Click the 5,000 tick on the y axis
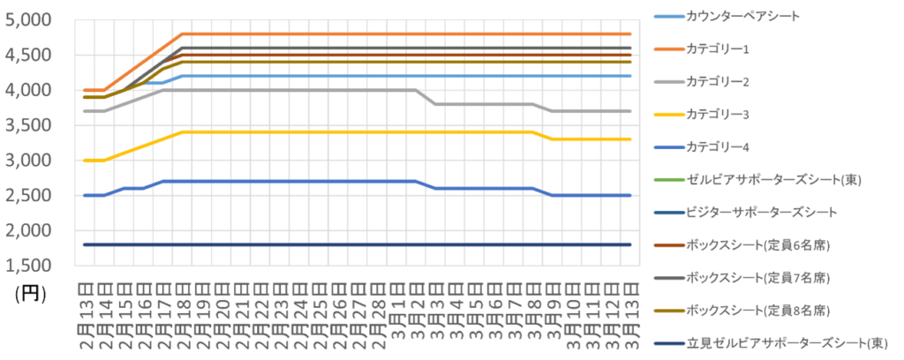pos(29,20)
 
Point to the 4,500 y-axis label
pos(29,56)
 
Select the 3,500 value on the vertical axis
pos(29,126)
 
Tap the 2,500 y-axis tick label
pos(29,196)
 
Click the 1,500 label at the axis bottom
pos(29,266)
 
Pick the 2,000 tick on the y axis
pos(29,231)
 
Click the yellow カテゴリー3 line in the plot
pos(353,131)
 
